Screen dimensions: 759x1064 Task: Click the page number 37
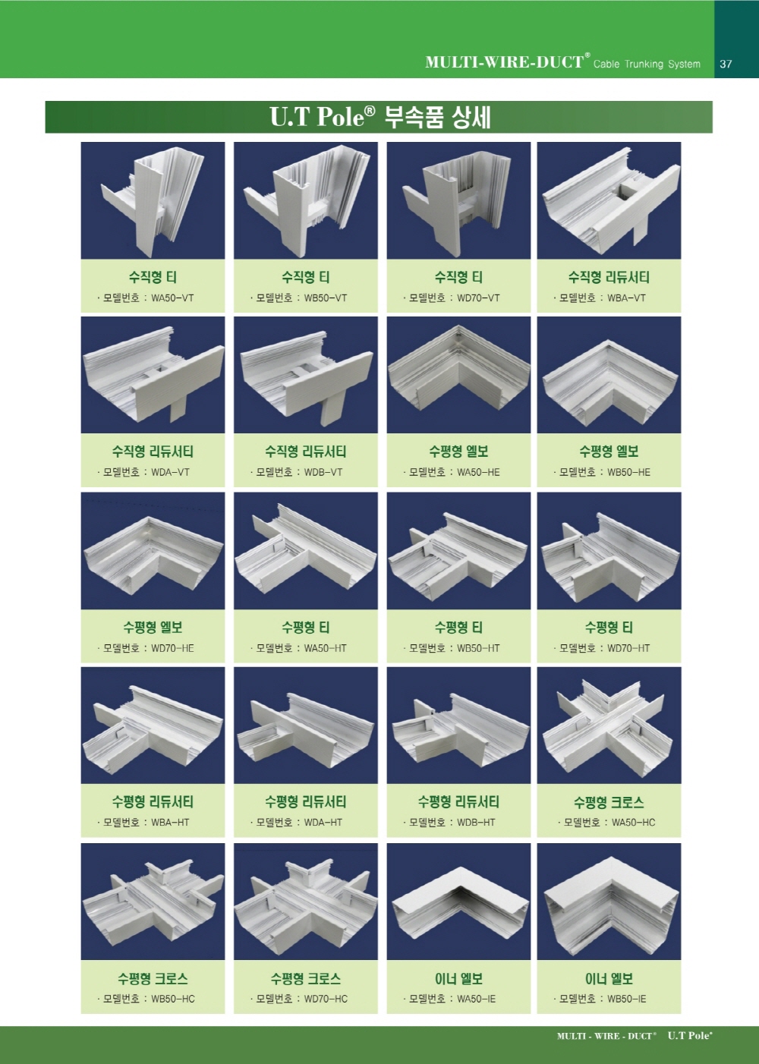[726, 64]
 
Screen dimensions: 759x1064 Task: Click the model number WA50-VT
[172, 298]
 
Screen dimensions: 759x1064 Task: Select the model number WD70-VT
[478, 298]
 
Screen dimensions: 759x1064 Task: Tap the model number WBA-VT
[626, 298]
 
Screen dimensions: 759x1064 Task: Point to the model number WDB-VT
[323, 473]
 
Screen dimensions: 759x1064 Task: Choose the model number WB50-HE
[629, 473]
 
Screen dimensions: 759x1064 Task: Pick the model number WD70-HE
[172, 648]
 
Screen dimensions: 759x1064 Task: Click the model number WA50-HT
[326, 648]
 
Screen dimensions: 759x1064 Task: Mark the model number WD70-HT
[629, 648]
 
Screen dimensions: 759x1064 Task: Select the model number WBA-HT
[170, 823]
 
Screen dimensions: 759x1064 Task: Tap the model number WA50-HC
[634, 823]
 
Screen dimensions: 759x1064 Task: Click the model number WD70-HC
[326, 999]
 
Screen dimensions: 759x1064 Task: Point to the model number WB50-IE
[627, 999]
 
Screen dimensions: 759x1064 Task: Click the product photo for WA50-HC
[609, 726]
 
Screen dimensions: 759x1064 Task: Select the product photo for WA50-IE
[458, 902]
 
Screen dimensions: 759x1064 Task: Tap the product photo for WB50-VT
[305, 200]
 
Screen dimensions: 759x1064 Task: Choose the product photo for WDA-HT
[305, 726]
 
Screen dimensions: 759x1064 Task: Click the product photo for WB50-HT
[458, 551]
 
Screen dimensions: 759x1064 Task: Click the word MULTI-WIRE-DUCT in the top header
[505, 62]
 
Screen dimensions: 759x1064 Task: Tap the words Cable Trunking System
[647, 64]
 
